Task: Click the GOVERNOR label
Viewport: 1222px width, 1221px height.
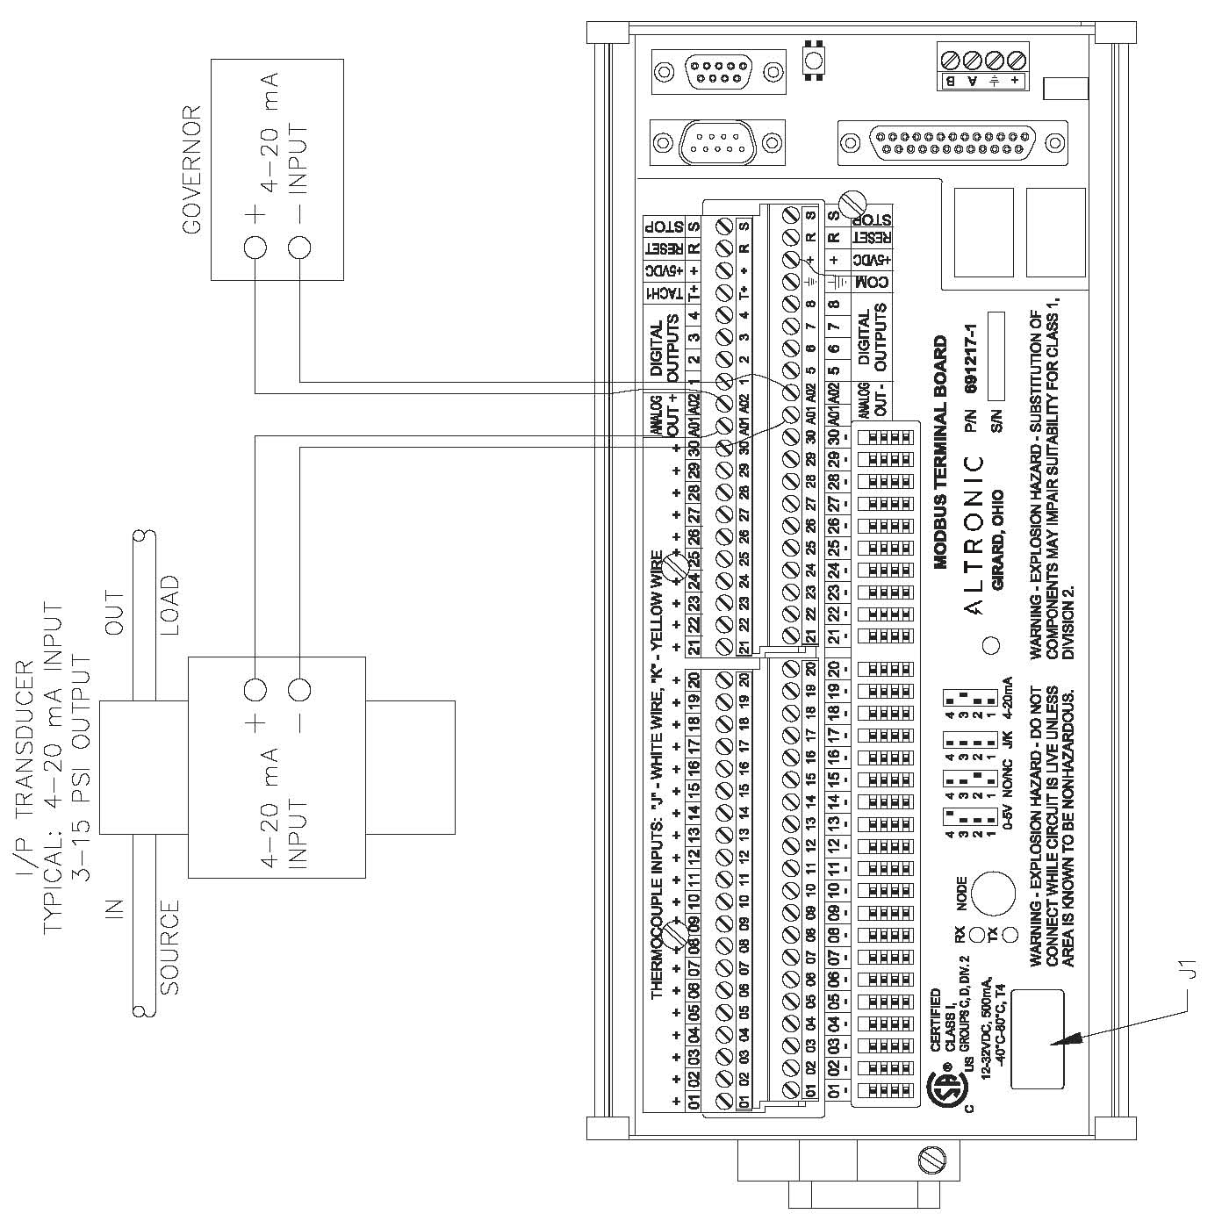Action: click(191, 169)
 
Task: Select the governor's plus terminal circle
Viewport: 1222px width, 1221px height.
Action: click(255, 248)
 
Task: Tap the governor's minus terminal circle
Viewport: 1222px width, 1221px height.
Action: click(299, 248)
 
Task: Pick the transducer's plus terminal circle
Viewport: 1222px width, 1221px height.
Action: click(255, 691)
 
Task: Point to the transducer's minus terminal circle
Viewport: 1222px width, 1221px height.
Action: click(299, 691)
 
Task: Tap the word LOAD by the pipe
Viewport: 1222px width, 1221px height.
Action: click(169, 605)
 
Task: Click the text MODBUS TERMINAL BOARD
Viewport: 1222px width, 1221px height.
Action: click(940, 452)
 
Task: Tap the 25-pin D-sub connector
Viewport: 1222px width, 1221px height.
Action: click(952, 142)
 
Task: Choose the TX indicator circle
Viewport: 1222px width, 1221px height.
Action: click(1010, 933)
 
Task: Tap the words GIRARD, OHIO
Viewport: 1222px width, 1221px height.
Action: click(997, 539)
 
